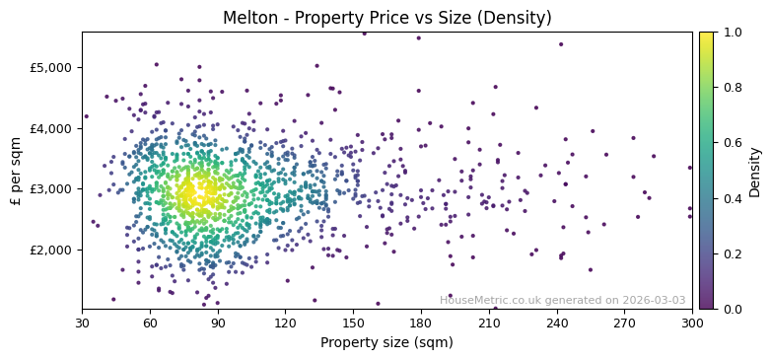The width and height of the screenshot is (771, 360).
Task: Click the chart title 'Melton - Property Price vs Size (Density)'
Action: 386,18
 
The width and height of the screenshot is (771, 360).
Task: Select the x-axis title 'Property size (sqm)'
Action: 386,343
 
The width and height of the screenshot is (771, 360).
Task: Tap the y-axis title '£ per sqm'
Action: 16,171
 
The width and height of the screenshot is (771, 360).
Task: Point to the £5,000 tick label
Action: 53,67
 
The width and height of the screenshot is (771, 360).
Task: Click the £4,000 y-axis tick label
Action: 53,128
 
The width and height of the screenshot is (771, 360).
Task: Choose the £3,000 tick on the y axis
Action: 53,188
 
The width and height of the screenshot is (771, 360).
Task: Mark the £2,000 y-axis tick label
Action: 53,250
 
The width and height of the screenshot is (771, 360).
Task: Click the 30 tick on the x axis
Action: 82,323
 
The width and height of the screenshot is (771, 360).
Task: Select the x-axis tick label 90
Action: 218,323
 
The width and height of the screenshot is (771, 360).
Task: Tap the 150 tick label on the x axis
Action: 353,323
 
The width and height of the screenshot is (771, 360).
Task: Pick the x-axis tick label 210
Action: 489,323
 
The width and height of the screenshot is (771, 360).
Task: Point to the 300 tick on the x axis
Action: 692,323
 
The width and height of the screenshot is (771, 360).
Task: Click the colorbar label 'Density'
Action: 754,171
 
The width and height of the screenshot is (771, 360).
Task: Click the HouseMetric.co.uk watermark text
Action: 562,300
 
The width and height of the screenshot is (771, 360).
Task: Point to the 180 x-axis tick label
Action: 421,323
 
